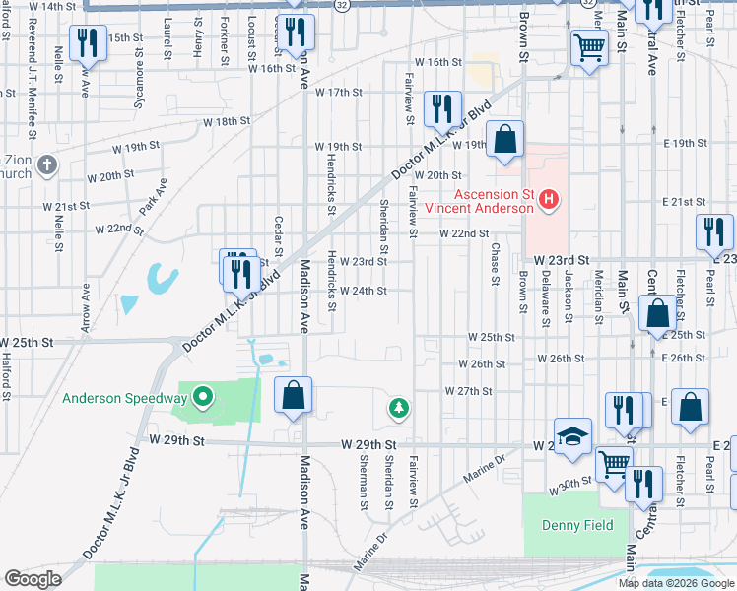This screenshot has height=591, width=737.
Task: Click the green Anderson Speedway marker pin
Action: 204,398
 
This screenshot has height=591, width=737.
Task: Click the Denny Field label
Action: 577,525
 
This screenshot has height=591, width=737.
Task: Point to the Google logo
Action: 33,579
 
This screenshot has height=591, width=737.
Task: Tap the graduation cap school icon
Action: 572,435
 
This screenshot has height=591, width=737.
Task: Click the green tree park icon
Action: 398,407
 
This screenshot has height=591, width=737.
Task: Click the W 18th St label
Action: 228,121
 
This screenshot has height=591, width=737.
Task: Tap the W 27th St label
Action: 468,391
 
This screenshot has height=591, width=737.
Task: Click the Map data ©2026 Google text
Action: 677,583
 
